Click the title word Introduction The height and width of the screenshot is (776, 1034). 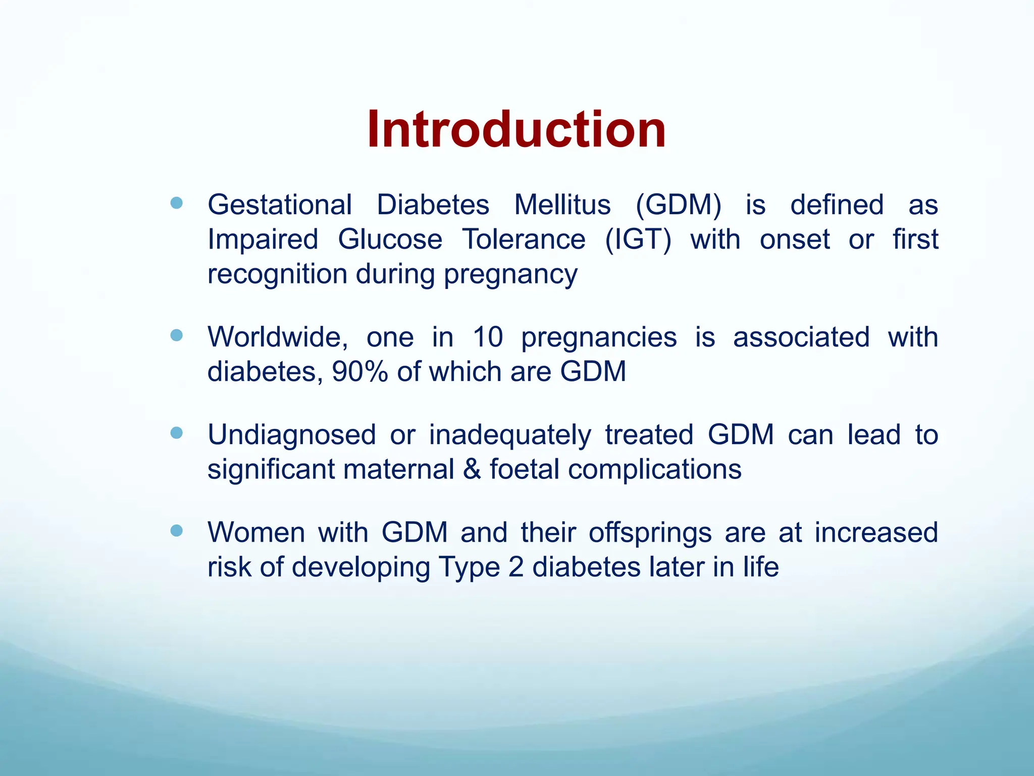tap(516, 130)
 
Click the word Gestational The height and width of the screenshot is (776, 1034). tap(280, 205)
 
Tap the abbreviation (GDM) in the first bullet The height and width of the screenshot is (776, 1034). tap(678, 205)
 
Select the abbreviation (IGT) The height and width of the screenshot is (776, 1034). tap(638, 239)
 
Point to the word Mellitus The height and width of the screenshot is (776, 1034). tap(562, 205)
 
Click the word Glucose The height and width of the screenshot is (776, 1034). tap(390, 239)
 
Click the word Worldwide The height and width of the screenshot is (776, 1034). tap(278, 337)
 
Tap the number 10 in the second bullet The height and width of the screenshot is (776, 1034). tap(488, 337)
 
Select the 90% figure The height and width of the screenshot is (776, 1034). tap(360, 372)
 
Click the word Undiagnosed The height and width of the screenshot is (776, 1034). tap(292, 434)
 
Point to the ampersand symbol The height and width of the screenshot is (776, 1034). tap(472, 469)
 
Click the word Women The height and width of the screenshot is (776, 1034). tap(256, 532)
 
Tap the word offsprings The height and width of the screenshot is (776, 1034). tap(650, 533)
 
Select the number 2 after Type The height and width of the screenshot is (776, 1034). tap(516, 567)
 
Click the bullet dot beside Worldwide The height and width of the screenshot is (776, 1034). tap(176, 335)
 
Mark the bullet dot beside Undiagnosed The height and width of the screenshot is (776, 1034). tap(176, 433)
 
